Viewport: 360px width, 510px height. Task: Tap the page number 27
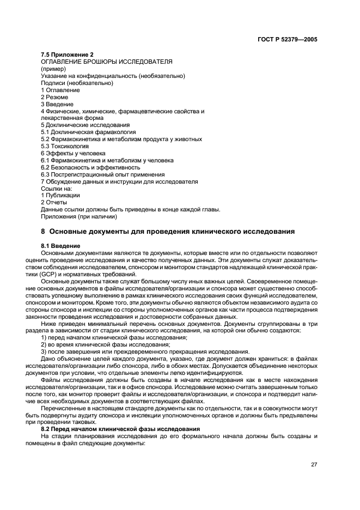[x=314, y=465]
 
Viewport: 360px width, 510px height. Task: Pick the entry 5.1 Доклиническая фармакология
[x=88, y=132]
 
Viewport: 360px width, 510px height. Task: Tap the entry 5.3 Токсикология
[x=65, y=147]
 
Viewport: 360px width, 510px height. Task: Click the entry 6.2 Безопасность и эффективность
[x=90, y=167]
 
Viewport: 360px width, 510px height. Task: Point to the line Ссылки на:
[x=57, y=188]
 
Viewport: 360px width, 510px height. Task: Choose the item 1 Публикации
[x=60, y=195]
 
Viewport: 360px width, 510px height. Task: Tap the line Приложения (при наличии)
[x=79, y=216]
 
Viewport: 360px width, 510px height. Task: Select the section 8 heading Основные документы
[x=168, y=232]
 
